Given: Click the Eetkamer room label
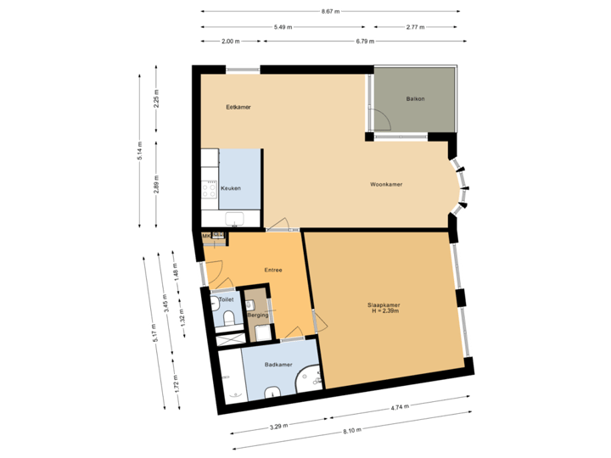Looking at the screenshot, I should pyautogui.click(x=238, y=108).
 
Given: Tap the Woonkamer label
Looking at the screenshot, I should pyautogui.click(x=386, y=184).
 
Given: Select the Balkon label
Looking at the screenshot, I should pyautogui.click(x=415, y=99).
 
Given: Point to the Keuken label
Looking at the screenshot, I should pyautogui.click(x=230, y=188).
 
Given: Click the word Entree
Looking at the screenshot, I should pyautogui.click(x=272, y=271).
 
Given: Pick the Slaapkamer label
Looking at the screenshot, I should pyautogui.click(x=384, y=305).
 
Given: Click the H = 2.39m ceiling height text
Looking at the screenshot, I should pyautogui.click(x=384, y=312).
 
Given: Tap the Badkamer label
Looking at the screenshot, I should pyautogui.click(x=278, y=366).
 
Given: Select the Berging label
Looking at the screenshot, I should pyautogui.click(x=257, y=315).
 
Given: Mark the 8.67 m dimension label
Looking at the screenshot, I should pyautogui.click(x=330, y=12).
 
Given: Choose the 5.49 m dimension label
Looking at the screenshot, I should pyautogui.click(x=283, y=27).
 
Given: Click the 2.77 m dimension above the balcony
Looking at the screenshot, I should pyautogui.click(x=415, y=27).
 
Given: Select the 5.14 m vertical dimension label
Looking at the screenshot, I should pyautogui.click(x=141, y=150).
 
